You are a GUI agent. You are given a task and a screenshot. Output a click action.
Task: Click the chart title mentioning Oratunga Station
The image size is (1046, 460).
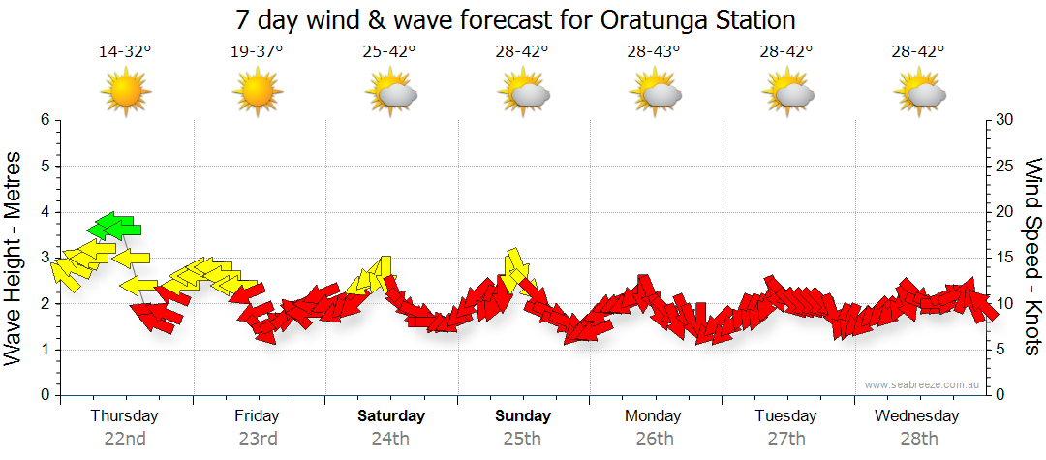515,19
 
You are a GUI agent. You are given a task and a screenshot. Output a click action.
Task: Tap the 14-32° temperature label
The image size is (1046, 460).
125,52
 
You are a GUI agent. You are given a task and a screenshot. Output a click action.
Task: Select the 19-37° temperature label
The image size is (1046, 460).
257,52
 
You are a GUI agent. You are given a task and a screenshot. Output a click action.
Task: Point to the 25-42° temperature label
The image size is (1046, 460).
390,52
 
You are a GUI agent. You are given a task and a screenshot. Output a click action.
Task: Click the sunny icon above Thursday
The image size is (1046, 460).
125,93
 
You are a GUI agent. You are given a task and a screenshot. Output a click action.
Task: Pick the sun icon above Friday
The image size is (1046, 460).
257,93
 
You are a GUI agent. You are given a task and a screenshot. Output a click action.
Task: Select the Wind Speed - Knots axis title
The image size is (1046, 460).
1032,257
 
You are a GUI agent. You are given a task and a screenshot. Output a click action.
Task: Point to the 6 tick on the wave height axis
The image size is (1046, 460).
44,120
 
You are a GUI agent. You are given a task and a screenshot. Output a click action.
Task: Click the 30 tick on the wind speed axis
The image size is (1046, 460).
1004,120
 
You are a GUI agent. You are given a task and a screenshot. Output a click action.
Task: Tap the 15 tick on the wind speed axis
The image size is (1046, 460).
1004,258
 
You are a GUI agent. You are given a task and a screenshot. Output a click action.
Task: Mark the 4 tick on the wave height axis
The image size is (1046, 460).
44,212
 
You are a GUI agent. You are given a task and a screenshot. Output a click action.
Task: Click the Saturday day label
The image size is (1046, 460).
390,416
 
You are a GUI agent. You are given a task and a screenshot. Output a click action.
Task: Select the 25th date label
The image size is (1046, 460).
522,438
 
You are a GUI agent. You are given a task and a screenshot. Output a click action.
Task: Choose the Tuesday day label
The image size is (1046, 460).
784,416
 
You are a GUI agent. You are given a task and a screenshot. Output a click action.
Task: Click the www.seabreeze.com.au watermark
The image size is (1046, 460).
923,384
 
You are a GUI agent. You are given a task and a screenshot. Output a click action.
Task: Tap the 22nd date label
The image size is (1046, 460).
125,438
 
